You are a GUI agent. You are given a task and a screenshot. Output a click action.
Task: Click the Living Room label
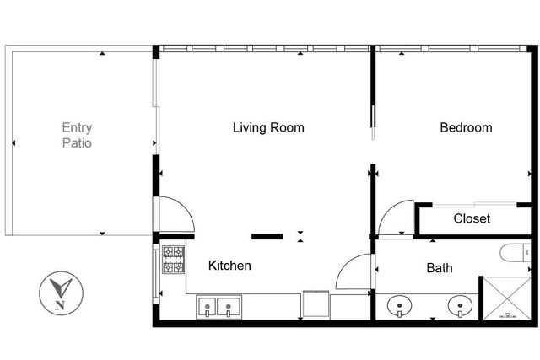click(268, 128)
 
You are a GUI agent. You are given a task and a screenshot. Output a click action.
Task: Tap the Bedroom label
click(466, 128)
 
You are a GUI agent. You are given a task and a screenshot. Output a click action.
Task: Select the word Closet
click(472, 218)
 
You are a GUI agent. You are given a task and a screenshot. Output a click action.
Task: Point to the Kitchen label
click(229, 266)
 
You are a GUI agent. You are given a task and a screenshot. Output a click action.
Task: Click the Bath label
click(439, 268)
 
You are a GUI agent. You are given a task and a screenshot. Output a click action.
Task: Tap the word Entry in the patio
click(77, 128)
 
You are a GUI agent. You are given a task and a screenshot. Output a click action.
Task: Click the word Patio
click(77, 143)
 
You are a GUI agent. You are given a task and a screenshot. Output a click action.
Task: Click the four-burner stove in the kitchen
click(174, 261)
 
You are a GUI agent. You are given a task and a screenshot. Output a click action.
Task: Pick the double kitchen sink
click(219, 306)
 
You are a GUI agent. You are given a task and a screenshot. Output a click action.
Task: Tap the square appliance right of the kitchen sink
click(315, 304)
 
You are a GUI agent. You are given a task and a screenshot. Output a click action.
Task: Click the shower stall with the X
click(505, 298)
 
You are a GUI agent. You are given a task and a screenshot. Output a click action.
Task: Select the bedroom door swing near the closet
click(395, 219)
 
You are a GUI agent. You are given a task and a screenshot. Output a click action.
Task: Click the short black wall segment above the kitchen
click(268, 236)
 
